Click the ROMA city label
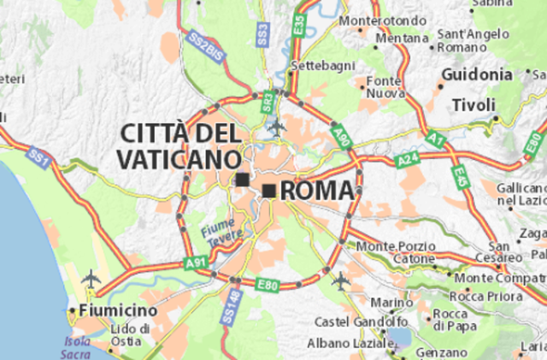point(316,190)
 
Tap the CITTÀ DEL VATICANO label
point(179,145)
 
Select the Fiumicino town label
point(116,310)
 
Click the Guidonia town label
point(476,75)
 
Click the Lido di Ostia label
point(132,334)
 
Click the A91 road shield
point(194,264)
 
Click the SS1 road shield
point(37,156)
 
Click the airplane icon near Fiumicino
point(91,279)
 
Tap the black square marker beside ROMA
point(269,191)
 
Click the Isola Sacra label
point(76,347)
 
